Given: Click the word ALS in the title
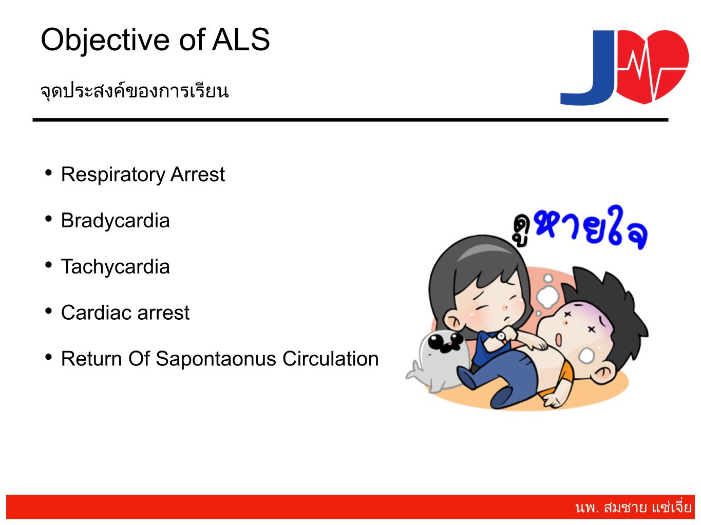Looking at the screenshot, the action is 241,40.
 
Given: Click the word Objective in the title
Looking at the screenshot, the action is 105,41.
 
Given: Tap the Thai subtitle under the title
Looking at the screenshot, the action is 135,91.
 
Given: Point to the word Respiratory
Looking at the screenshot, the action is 113,175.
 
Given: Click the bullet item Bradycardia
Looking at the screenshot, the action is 115,221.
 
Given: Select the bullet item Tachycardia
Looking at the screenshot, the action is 115,266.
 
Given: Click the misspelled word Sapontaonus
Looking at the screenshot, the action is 216,359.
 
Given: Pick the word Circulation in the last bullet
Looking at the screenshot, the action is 331,359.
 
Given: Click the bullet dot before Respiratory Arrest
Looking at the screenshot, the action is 49,172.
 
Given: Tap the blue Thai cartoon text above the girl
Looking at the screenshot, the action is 591,227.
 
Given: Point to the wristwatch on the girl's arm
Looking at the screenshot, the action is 501,336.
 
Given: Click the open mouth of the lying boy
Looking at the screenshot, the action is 559,340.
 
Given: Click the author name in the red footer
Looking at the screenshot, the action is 633,508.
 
